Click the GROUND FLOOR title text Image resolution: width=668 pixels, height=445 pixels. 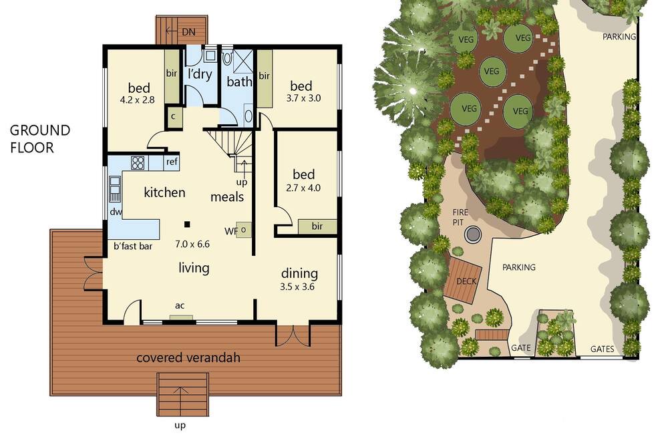tap(40, 138)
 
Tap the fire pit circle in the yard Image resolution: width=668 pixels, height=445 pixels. tap(472, 234)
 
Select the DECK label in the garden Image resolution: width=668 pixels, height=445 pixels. tap(466, 281)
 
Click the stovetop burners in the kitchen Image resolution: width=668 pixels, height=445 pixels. tap(138, 162)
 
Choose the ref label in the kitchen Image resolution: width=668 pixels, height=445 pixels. tap(172, 162)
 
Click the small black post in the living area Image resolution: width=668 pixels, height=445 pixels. tap(186, 225)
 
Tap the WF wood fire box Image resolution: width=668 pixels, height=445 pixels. tap(244, 230)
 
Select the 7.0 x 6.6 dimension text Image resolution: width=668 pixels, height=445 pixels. tap(192, 245)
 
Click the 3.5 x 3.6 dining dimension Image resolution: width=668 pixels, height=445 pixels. tap(297, 287)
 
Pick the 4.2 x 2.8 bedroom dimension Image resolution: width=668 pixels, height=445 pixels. tap(137, 100)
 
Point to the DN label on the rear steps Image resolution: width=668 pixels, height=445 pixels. tap(188, 32)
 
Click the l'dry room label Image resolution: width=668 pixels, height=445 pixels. tap(200, 74)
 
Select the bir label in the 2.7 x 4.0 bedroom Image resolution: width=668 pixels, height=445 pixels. tap(317, 227)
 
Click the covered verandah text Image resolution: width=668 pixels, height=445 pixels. tap(188, 357)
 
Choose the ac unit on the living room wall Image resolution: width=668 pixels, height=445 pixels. tap(181, 317)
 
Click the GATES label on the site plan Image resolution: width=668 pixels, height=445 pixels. tap(602, 349)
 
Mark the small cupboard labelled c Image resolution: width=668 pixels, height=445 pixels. tap(174, 116)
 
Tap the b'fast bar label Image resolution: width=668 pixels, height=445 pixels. tap(133, 246)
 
